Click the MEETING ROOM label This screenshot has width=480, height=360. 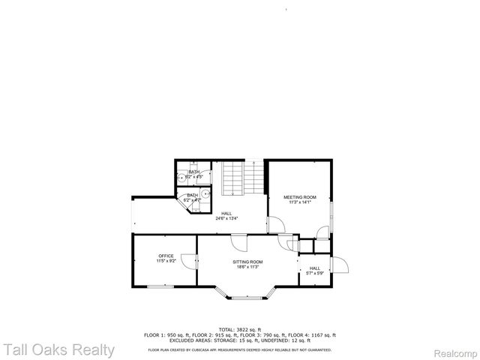click(x=300, y=197)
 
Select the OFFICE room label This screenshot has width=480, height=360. click(x=166, y=256)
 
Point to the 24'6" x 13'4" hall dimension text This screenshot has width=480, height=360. click(x=226, y=218)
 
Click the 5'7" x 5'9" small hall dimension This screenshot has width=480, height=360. click(x=314, y=273)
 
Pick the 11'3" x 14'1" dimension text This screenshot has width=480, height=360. click(x=300, y=202)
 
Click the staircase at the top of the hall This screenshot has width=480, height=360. click(x=244, y=178)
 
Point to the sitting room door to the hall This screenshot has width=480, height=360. click(x=238, y=242)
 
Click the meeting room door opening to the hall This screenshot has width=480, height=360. click(x=274, y=223)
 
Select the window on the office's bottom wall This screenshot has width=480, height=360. click(x=158, y=286)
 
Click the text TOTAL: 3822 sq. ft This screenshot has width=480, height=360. click(x=239, y=329)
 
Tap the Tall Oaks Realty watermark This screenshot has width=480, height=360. click(x=58, y=349)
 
